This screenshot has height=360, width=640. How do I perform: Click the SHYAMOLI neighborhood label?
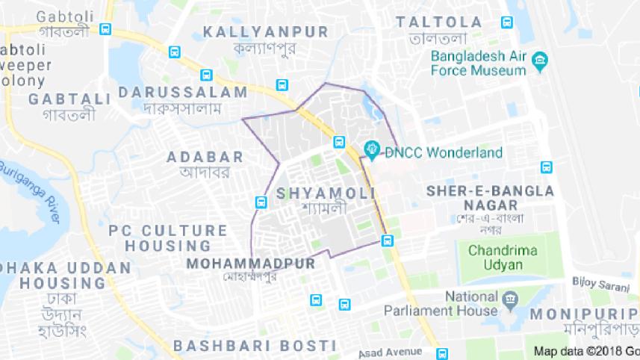[x=321, y=193]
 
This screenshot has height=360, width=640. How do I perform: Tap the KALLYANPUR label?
[x=266, y=31]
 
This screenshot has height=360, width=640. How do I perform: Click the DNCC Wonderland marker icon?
[x=370, y=149]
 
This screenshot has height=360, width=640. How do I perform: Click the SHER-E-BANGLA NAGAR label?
[x=490, y=197]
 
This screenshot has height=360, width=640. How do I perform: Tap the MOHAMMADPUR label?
[x=251, y=264]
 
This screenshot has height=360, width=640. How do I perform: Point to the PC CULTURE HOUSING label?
[x=168, y=238]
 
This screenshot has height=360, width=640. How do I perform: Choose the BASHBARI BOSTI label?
[x=254, y=345]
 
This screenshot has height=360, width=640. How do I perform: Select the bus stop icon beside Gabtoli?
[x=105, y=30]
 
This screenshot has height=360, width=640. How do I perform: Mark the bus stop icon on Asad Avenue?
[x=442, y=353]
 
